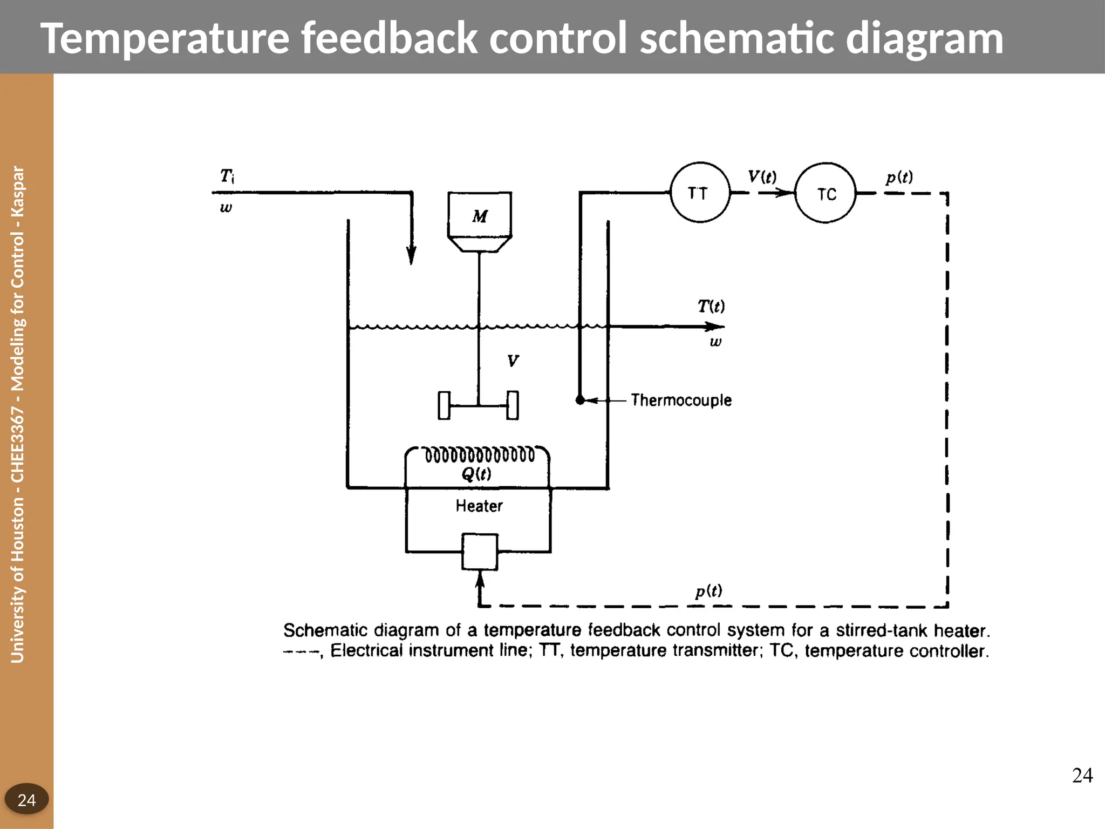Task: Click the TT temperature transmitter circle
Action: click(700, 193)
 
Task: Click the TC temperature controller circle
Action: click(826, 193)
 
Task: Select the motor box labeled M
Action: click(480, 215)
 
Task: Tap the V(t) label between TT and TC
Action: click(762, 176)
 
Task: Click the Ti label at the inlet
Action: click(227, 176)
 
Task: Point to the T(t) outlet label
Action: click(711, 307)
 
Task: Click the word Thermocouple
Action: click(681, 400)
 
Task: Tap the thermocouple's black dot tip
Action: click(580, 400)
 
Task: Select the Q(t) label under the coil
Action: click(476, 474)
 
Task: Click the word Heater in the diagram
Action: click(479, 506)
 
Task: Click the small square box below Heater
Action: click(480, 552)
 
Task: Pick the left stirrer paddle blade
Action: click(444, 405)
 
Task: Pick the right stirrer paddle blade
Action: click(513, 405)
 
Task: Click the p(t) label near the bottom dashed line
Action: click(708, 591)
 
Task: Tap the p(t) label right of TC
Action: click(899, 177)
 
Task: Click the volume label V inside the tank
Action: click(513, 361)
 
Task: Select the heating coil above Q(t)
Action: click(479, 455)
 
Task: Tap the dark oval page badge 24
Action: click(26, 799)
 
